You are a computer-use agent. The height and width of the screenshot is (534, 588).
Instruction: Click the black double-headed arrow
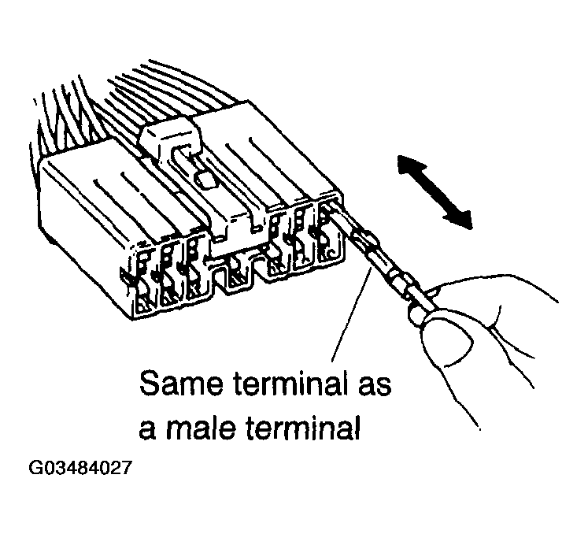pyautogui.click(x=435, y=191)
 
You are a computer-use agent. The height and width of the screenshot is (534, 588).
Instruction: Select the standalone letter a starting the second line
pyautogui.click(x=147, y=429)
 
